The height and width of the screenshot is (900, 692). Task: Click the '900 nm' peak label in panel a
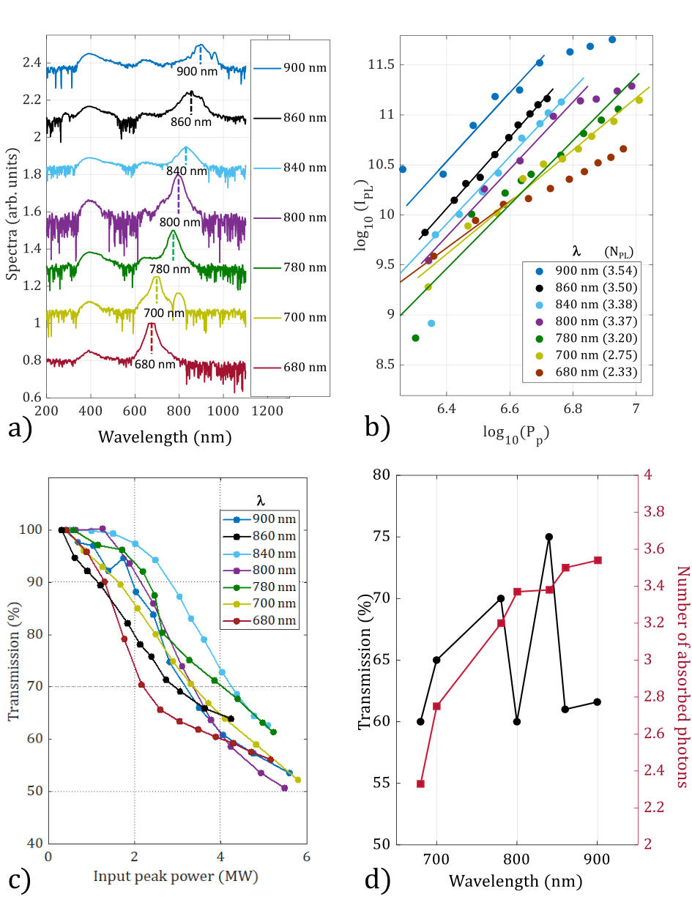(x=197, y=71)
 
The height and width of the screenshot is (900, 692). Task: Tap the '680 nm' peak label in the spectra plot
(x=155, y=364)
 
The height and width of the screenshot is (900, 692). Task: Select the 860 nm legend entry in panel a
(x=290, y=118)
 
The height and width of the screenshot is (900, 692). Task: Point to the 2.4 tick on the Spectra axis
(x=32, y=62)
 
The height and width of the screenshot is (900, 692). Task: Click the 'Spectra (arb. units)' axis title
(x=13, y=214)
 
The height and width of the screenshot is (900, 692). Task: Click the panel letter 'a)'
(x=20, y=428)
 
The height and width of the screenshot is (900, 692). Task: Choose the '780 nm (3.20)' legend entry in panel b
(x=586, y=338)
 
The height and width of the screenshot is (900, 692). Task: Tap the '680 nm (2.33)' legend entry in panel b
(x=586, y=372)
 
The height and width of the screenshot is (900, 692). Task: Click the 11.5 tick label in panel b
(x=382, y=64)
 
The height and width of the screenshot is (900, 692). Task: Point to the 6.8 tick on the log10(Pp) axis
(x=573, y=409)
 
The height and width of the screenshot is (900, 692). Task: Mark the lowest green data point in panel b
(x=415, y=338)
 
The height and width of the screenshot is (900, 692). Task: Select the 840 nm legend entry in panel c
(x=259, y=554)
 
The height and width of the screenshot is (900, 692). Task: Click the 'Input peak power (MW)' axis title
(x=176, y=876)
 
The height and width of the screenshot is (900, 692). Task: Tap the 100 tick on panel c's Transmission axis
(x=31, y=529)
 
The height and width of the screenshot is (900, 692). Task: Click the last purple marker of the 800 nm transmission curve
(x=284, y=788)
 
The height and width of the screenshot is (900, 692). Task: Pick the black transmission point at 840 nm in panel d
(x=548, y=537)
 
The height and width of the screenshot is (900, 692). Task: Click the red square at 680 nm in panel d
(x=420, y=784)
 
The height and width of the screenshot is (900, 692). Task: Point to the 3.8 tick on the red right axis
(x=654, y=512)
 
